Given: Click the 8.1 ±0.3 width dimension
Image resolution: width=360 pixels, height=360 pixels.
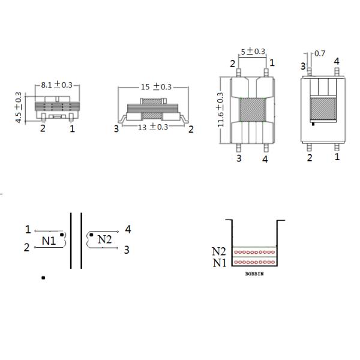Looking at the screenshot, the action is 57,85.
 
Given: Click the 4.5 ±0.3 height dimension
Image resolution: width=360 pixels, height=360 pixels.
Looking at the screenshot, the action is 18,107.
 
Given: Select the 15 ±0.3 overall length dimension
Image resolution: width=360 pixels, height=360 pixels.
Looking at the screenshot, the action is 156,87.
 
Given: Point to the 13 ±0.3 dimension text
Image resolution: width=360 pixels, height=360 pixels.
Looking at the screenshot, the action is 153,127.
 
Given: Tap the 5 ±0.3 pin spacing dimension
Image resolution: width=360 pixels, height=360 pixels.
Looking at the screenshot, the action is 253,51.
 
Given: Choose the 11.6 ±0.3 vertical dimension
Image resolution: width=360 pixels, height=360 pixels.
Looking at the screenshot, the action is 220,110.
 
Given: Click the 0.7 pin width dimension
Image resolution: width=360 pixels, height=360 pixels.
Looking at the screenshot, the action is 320,53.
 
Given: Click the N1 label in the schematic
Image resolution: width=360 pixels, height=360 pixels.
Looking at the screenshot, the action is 49,241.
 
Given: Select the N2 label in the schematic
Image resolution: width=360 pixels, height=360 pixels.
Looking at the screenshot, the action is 104,239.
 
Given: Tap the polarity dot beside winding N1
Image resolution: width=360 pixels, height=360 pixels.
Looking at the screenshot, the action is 62,235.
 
